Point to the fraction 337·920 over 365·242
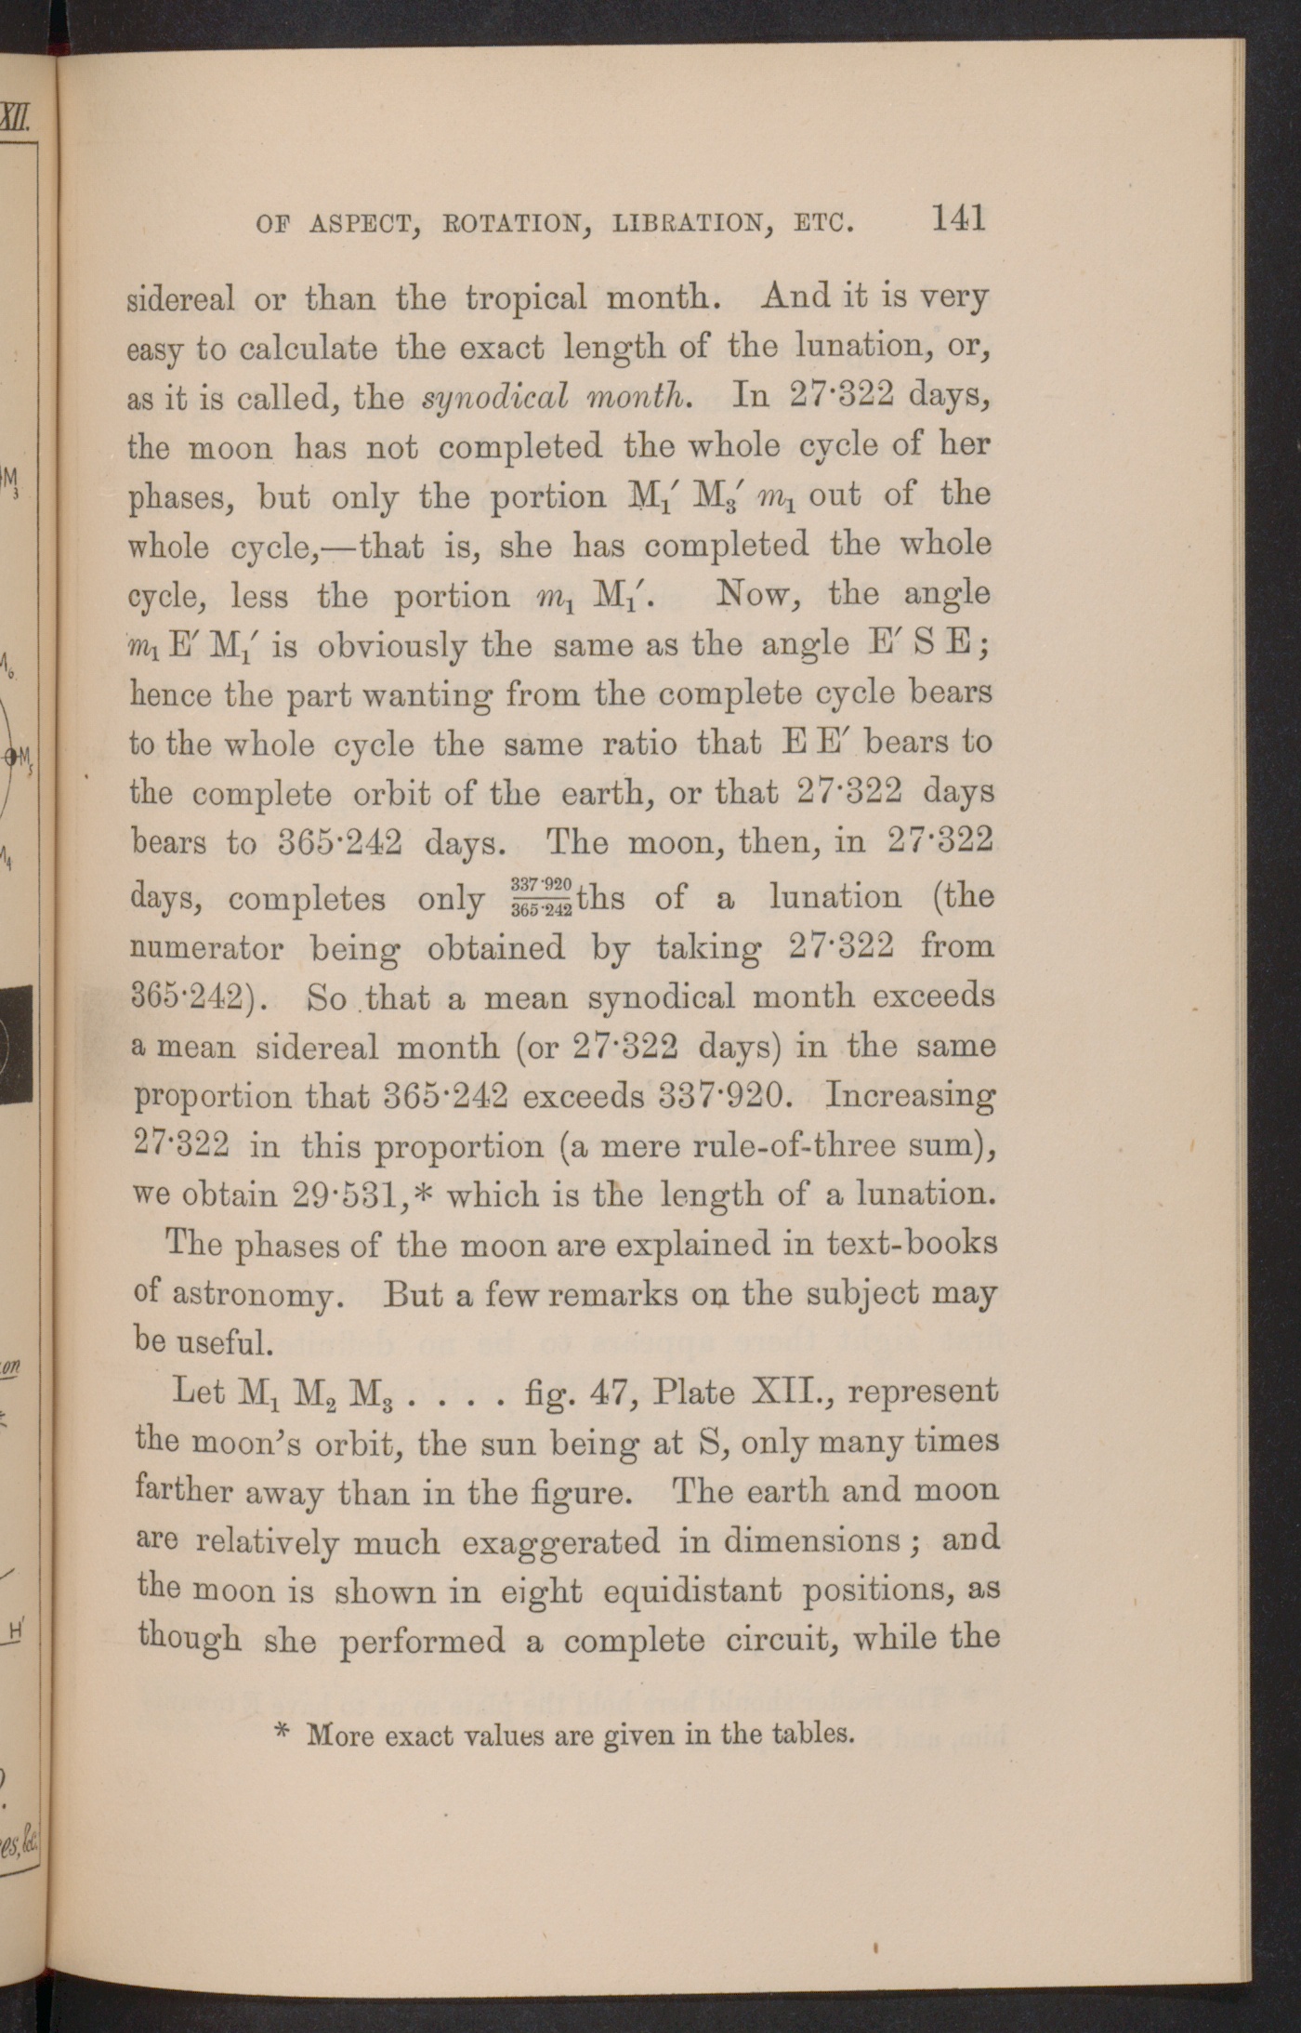541,897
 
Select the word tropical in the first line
526,298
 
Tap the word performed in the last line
423,1641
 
